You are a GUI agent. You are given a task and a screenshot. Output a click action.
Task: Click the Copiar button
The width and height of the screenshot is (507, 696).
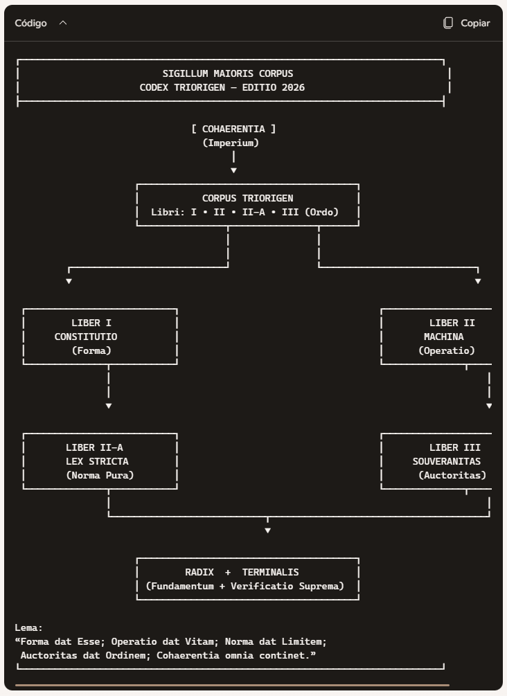coord(467,23)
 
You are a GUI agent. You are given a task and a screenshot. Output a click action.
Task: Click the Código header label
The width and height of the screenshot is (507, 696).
coord(30,23)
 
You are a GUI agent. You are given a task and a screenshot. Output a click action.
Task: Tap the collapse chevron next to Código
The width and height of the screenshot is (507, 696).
coord(63,23)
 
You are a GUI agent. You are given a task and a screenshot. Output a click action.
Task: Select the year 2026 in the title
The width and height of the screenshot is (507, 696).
coord(293,87)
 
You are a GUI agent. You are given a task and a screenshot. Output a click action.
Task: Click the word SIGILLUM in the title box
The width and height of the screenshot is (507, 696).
coord(185,73)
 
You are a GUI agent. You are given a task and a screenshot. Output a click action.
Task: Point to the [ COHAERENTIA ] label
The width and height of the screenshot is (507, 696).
coord(233,130)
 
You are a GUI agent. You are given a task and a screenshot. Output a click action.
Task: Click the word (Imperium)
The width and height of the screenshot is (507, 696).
coord(231,143)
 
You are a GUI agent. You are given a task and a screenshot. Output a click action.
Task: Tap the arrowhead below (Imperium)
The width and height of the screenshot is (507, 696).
coord(233,170)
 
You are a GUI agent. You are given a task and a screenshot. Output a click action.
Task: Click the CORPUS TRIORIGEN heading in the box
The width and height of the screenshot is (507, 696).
coord(248,199)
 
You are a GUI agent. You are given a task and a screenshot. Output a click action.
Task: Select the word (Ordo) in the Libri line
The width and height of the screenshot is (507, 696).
coord(322,212)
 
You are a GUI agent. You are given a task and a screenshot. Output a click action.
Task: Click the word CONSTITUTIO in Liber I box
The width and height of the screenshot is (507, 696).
coord(86,337)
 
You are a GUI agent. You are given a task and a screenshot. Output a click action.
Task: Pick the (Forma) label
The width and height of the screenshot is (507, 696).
coord(91,350)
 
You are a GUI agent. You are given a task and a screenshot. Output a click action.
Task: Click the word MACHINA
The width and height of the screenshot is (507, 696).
coord(443,337)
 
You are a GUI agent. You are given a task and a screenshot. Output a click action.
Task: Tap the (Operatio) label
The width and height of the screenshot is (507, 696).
coord(447,350)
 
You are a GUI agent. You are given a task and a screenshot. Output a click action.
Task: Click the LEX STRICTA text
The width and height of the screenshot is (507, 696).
coord(97,462)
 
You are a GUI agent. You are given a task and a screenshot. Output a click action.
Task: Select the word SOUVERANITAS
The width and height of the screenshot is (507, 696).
coord(447,462)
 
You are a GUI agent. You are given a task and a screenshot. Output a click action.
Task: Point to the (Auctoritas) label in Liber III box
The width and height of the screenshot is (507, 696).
coord(452,475)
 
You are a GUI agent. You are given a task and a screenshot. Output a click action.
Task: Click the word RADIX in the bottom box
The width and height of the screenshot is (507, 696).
coord(199,573)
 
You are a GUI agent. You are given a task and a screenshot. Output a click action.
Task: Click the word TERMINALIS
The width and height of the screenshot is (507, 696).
coord(270,573)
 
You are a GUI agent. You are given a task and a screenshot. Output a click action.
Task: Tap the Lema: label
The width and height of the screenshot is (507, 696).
coord(29,628)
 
